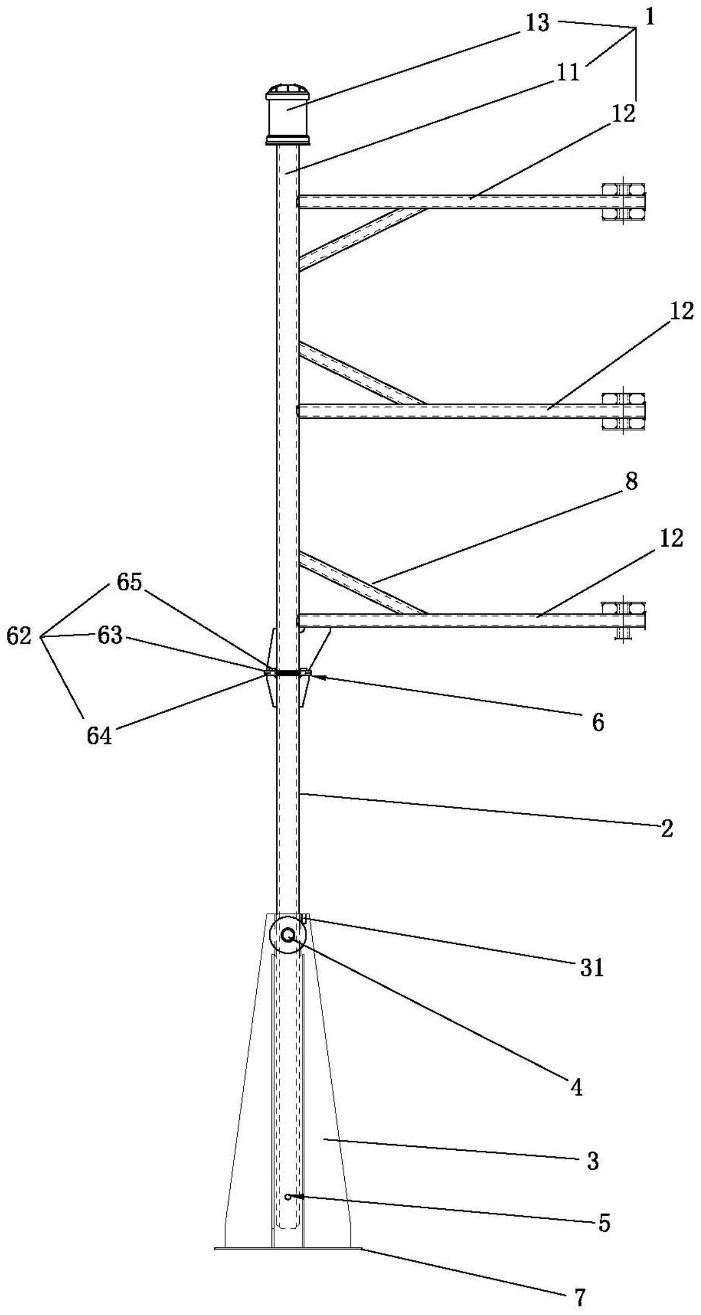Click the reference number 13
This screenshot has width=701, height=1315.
click(537, 24)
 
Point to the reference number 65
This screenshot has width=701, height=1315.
click(129, 582)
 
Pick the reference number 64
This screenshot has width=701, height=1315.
click(99, 736)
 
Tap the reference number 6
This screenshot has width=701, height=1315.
click(598, 722)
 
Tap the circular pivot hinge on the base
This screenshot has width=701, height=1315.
click(287, 935)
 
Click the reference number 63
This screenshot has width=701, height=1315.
click(110, 636)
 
